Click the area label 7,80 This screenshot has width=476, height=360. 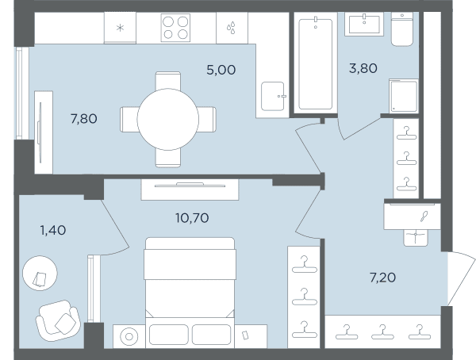[x=84, y=119]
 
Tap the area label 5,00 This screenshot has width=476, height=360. [x=221, y=70]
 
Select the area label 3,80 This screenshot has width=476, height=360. [x=363, y=68]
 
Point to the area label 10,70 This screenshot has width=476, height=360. [x=192, y=218]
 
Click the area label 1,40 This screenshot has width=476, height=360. [x=53, y=231]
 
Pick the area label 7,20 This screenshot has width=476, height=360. [x=382, y=278]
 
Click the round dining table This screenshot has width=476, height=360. [x=168, y=119]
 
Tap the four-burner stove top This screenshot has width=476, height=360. [x=175, y=28]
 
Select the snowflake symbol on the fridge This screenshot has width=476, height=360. [x=121, y=29]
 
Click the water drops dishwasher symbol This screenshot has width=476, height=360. [x=231, y=28]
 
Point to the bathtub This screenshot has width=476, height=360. [x=316, y=63]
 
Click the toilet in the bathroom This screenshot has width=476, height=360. [x=402, y=29]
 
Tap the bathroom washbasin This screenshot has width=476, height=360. [x=364, y=24]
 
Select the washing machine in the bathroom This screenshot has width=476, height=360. [x=404, y=96]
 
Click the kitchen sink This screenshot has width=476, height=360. [x=273, y=96]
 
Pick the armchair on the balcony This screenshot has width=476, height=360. [x=58, y=320]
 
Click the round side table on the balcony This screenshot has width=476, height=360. [x=40, y=274]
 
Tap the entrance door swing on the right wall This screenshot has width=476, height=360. [x=461, y=278]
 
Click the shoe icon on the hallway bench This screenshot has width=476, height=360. [x=424, y=216]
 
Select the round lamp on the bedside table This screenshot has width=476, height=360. [x=129, y=336]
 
